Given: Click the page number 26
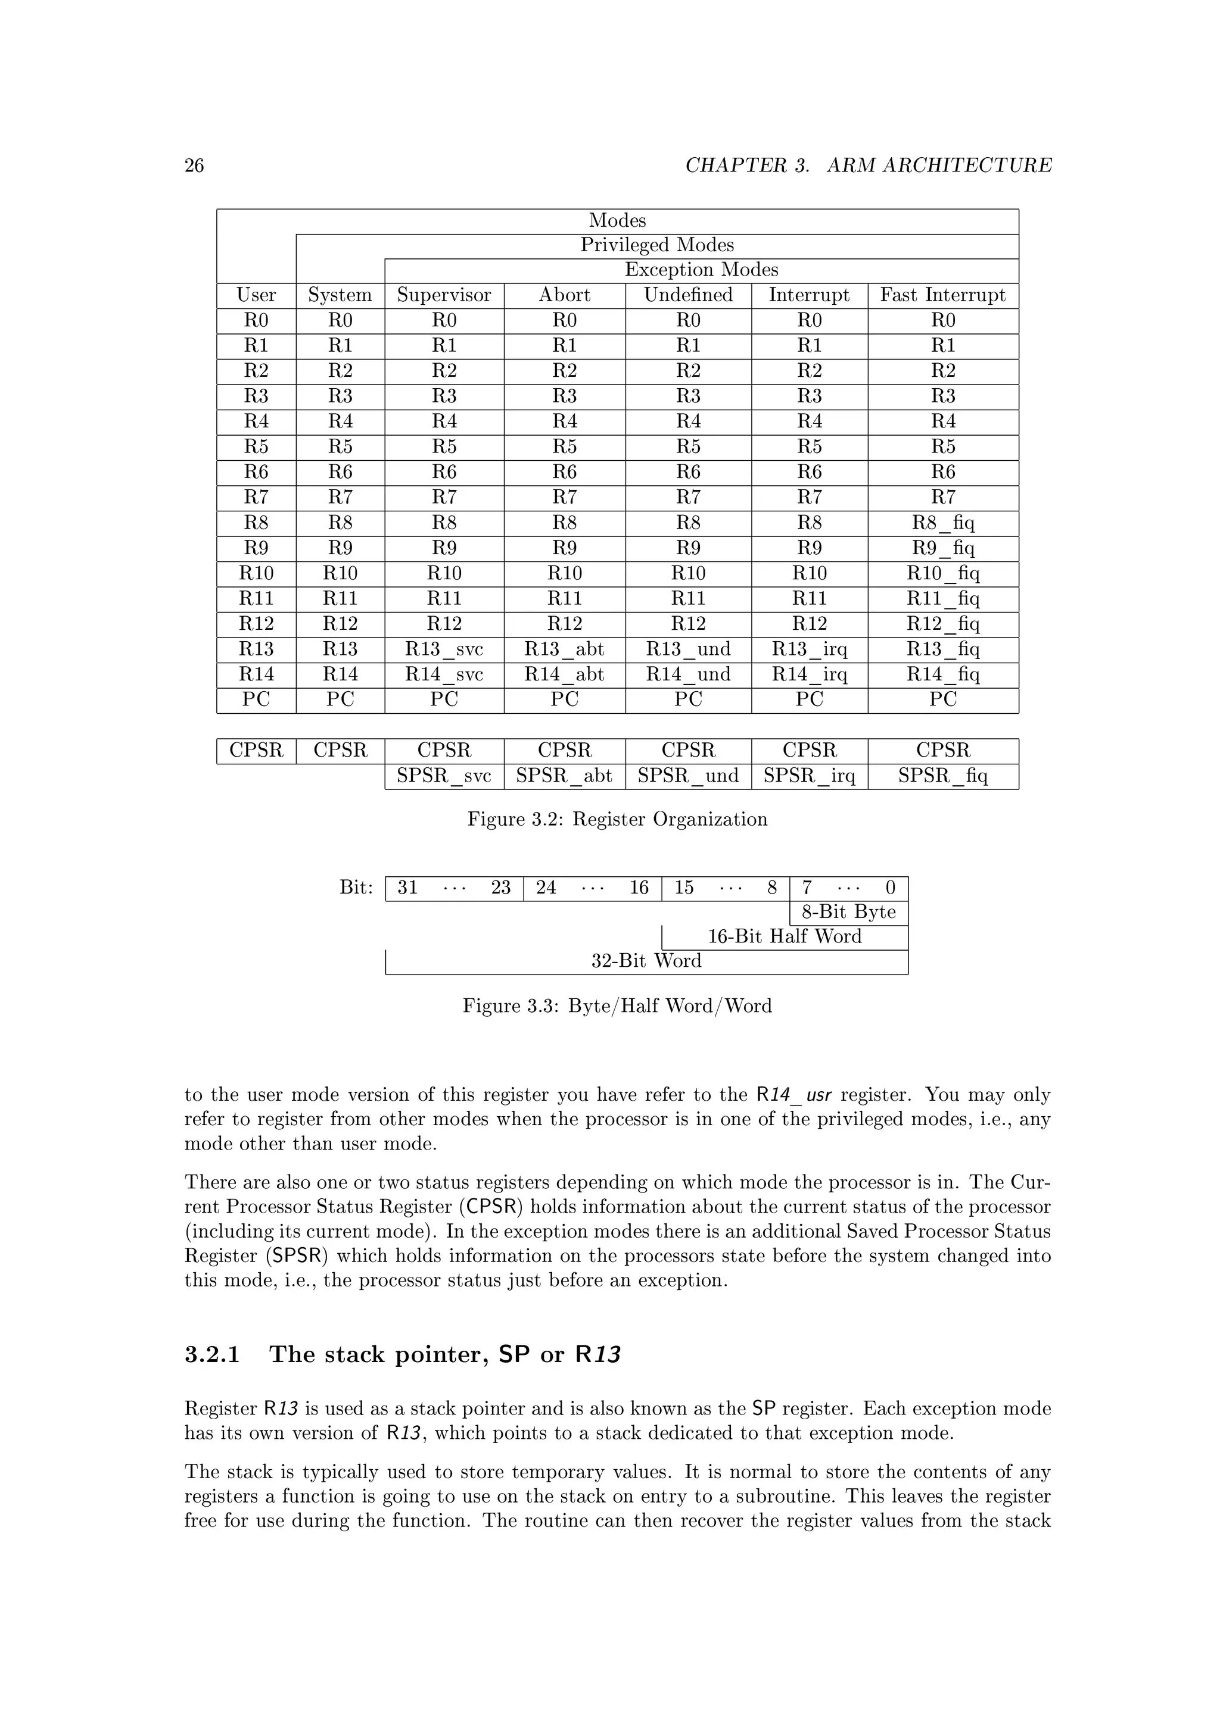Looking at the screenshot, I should click(194, 165).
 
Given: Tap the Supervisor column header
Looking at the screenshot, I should click(444, 295).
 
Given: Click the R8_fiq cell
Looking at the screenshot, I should click(943, 523).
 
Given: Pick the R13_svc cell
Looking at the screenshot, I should click(444, 649).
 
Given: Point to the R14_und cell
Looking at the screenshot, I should click(688, 674).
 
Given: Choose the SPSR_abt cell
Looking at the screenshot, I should click(564, 776).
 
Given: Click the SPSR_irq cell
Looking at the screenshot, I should click(809, 776).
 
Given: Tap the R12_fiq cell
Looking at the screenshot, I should click(943, 624).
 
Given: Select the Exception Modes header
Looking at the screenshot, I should click(701, 270).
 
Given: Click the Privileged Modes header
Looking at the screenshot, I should click(656, 245).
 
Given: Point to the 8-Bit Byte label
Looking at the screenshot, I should click(849, 913).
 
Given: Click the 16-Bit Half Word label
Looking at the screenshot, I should click(785, 936).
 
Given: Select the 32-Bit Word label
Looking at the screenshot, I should click(646, 961).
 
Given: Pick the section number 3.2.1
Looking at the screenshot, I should click(212, 1354).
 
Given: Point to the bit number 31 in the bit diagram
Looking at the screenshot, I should click(407, 888).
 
